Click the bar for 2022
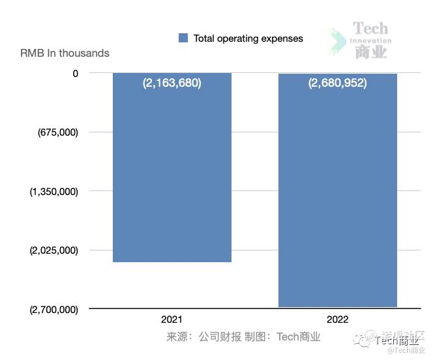[338, 196]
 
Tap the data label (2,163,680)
[172, 83]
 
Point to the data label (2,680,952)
[338, 83]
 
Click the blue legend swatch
[183, 38]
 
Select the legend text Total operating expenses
[248, 38]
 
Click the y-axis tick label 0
[76, 73]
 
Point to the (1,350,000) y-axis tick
[54, 191]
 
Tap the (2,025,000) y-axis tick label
[54, 250]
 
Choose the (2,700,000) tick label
[54, 309]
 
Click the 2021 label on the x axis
[172, 320]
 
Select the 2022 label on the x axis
[338, 320]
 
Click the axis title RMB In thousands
[65, 53]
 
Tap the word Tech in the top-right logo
[370, 29]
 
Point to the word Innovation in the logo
[370, 40]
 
